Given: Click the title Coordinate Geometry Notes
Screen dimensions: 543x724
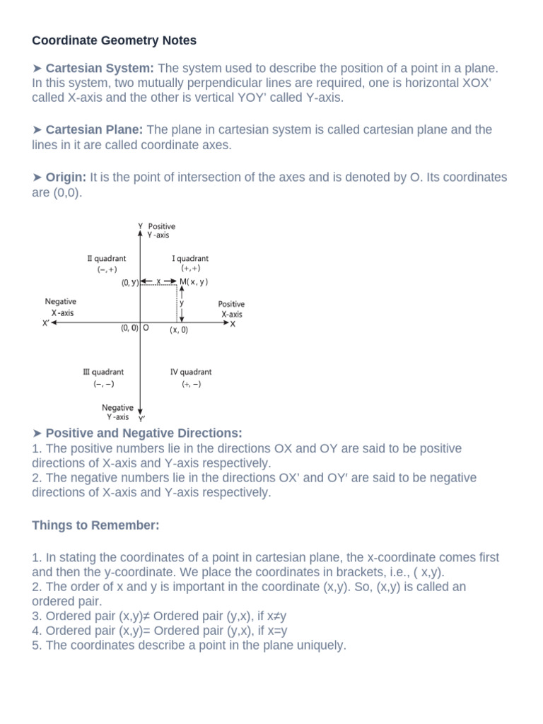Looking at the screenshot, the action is tap(115, 40).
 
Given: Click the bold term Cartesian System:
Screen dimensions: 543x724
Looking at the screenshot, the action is tap(100, 69).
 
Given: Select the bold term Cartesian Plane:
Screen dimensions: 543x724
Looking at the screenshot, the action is tap(95, 130).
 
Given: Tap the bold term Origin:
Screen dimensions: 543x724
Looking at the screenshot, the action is tap(66, 177).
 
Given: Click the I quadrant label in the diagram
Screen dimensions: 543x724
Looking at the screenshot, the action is tap(190, 259).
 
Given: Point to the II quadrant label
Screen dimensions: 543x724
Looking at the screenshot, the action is tap(107, 259).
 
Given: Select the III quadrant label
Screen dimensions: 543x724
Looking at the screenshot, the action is tap(103, 372).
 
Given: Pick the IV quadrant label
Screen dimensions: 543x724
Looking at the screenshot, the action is tap(191, 372).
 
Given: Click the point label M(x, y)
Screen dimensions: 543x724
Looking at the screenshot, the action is tap(194, 281).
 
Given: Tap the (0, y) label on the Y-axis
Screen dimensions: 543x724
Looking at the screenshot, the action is tap(129, 282).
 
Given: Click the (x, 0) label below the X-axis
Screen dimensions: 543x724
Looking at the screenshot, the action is tap(178, 330).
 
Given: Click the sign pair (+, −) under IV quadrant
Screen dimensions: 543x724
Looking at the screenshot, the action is tap(191, 384).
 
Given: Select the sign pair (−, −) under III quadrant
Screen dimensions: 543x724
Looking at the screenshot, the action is tap(103, 384).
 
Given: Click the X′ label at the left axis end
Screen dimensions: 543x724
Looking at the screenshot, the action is tap(46, 323).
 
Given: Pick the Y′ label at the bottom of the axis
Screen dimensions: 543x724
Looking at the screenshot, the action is tap(141, 419).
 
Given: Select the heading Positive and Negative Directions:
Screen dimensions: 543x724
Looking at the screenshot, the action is tap(144, 433).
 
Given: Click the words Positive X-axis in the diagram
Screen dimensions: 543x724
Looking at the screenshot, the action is tap(231, 309).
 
